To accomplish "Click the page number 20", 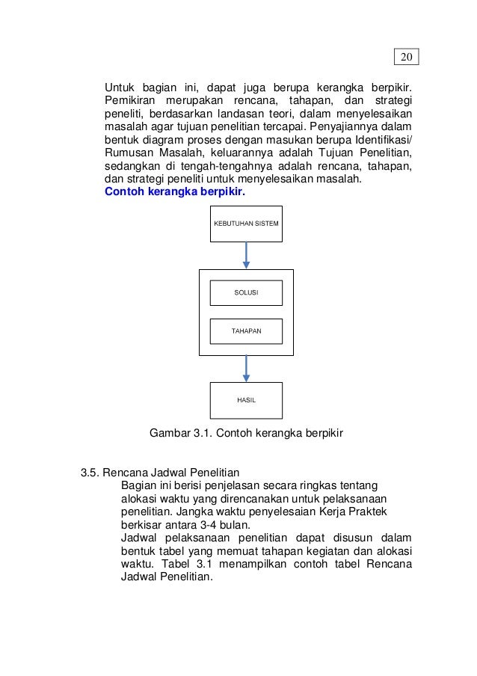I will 406,58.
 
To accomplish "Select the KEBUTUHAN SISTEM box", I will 246,224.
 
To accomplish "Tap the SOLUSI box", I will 246,292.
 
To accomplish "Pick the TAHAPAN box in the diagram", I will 246,331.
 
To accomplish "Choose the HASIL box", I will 246,400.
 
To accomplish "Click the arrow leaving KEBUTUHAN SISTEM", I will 246,255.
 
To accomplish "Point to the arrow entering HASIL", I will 246,369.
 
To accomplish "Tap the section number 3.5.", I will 90,473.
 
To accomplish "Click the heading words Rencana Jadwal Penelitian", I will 170,473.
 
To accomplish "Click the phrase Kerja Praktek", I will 351,511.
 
